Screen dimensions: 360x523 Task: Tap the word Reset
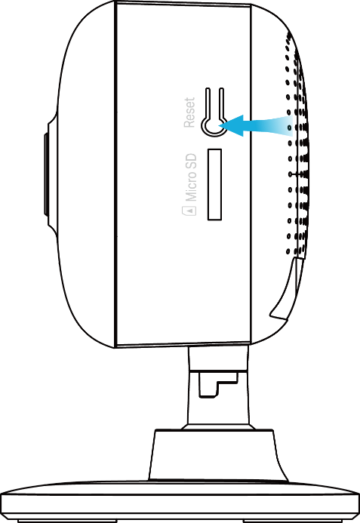[189, 112]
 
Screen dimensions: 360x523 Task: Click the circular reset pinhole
[214, 126]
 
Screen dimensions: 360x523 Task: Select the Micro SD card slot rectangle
[214, 184]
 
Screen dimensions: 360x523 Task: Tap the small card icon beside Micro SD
[189, 211]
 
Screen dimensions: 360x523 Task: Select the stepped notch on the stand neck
[218, 385]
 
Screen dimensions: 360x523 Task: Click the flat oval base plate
[180, 500]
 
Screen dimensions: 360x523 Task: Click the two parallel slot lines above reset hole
[214, 103]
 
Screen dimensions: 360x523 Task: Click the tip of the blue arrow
[220, 126]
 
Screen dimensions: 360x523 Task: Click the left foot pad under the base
[66, 521]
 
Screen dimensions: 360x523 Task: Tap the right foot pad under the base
[293, 521]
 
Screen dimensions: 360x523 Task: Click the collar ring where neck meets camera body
[219, 358]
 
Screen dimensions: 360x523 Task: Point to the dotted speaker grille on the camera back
[297, 143]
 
